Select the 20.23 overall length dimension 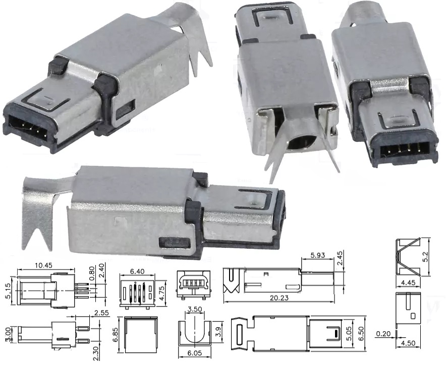click(278, 298)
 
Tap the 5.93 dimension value click(317, 255)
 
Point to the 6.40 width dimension click(136, 271)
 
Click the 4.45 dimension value click(409, 283)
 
